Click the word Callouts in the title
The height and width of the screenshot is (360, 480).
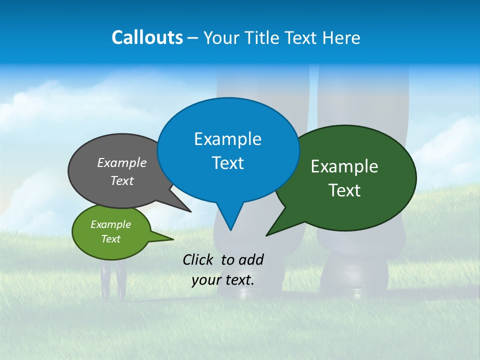pos(147,37)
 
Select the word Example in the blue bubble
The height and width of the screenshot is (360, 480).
pos(227,139)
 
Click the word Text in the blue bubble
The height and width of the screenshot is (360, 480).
pos(227,163)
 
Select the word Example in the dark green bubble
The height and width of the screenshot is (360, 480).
pos(344,166)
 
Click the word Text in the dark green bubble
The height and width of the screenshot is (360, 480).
pos(344,190)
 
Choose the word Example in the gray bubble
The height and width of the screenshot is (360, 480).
pos(122,163)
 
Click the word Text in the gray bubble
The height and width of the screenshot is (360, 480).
pos(122,181)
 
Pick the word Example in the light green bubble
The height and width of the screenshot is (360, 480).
pos(110,224)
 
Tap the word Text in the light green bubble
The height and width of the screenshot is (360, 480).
pos(110,239)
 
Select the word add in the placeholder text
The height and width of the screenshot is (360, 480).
pos(251,259)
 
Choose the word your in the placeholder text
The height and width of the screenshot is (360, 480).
pos(206,280)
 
